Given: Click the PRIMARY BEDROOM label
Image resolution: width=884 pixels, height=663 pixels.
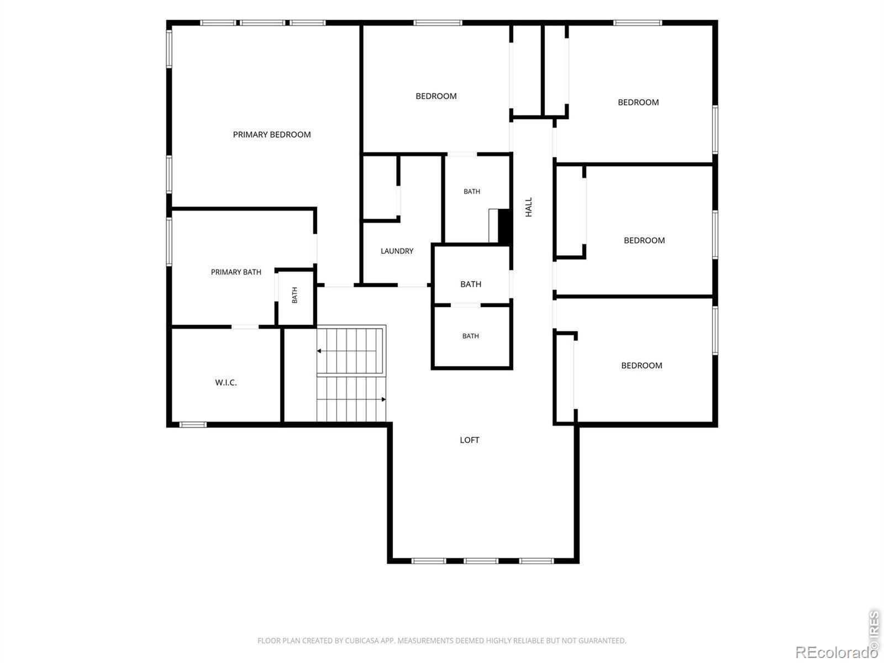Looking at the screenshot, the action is [272, 134].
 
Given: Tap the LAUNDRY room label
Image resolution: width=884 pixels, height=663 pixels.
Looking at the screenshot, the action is [397, 251].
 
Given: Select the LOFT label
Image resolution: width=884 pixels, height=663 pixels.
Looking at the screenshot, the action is [470, 440].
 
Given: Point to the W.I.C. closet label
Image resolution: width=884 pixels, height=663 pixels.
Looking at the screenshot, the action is [226, 382].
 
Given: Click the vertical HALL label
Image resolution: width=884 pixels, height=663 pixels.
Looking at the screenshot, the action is [529, 207].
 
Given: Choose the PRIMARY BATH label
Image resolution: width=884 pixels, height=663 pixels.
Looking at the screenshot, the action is [236, 272].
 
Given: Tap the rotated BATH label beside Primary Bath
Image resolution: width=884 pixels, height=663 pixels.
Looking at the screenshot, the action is [295, 295].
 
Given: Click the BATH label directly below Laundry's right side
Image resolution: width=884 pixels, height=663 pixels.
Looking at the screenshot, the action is [471, 284].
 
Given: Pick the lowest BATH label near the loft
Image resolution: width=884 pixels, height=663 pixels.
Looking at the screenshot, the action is [470, 336].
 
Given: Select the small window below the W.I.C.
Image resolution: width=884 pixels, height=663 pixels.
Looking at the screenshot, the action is [193, 424].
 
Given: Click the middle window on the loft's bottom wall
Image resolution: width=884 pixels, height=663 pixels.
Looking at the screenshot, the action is [481, 561].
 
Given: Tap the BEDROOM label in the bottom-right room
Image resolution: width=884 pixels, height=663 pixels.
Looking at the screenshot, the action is [641, 366].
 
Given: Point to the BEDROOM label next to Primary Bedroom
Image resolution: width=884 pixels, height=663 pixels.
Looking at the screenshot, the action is [436, 96].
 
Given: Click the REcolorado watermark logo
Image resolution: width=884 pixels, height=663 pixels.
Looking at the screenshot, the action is [837, 651].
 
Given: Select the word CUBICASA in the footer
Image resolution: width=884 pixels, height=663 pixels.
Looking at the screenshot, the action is [360, 640].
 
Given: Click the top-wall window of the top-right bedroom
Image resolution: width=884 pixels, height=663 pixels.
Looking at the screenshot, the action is [638, 23].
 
